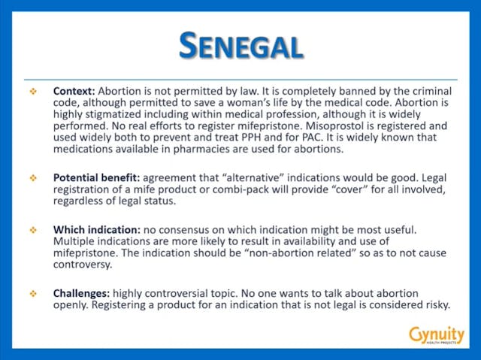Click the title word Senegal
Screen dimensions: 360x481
pos(240,46)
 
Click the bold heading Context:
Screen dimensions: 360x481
pos(74,90)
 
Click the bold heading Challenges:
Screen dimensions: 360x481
pos(79,292)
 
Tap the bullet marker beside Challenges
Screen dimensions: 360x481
pos(33,292)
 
